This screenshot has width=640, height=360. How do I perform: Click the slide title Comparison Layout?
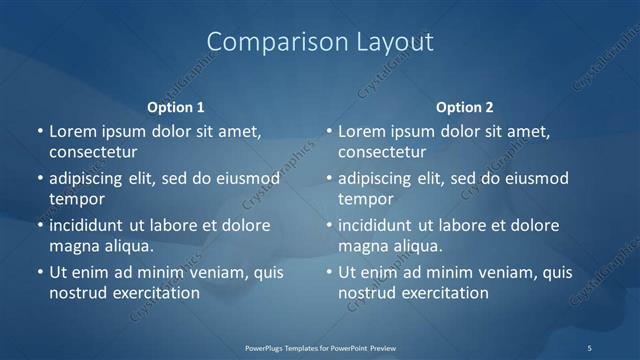320,42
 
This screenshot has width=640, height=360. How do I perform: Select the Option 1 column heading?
176,107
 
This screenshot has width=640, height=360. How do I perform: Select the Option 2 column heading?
465,107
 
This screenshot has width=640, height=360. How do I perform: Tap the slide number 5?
590,347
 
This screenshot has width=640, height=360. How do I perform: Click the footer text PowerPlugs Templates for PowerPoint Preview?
320,347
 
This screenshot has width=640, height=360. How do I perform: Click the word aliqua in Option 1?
128,246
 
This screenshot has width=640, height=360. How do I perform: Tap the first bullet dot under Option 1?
40,131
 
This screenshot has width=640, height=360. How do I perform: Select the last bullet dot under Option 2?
329,272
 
